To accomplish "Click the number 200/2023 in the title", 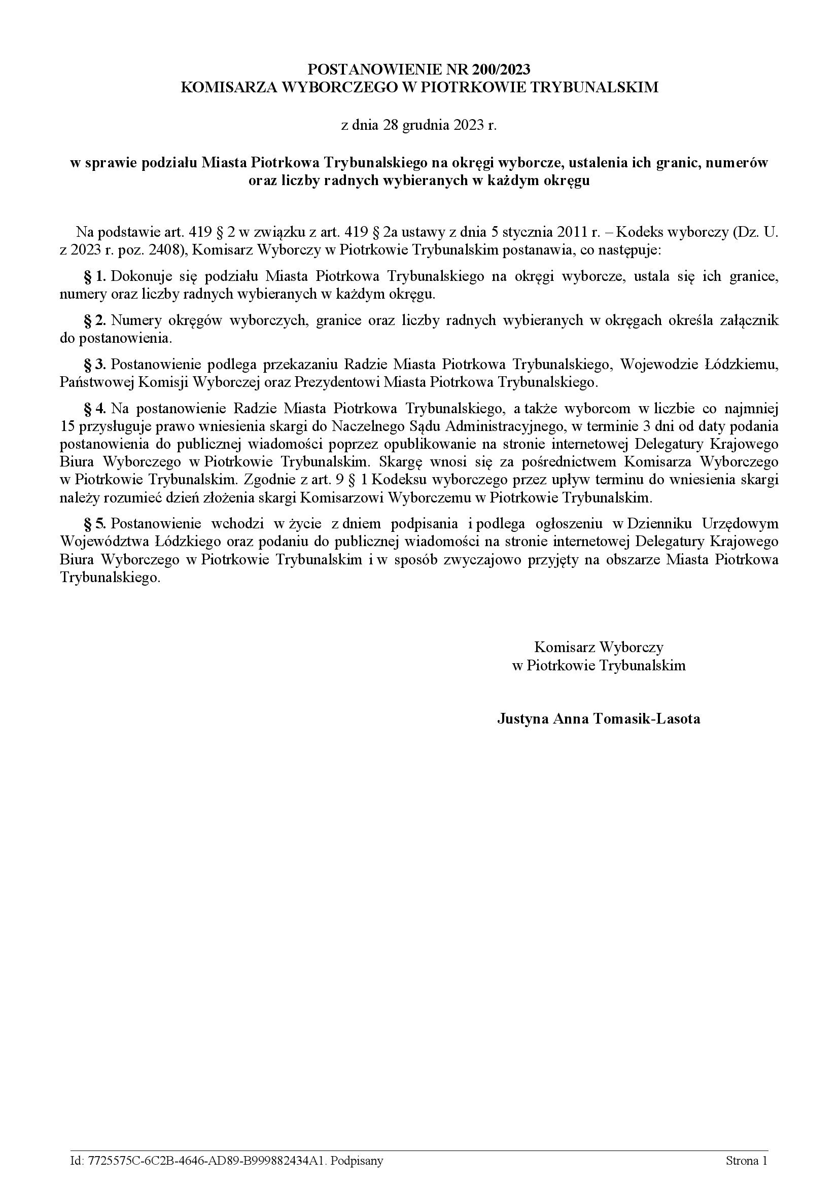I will coord(501,69).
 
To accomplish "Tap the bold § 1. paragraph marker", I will coord(95,276).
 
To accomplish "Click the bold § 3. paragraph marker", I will coord(95,365).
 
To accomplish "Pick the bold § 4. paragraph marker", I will coord(95,409).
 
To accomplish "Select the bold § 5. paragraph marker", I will coord(95,524).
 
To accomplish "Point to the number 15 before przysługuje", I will coord(67,426).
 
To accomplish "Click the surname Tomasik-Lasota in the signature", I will coord(646,719).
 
